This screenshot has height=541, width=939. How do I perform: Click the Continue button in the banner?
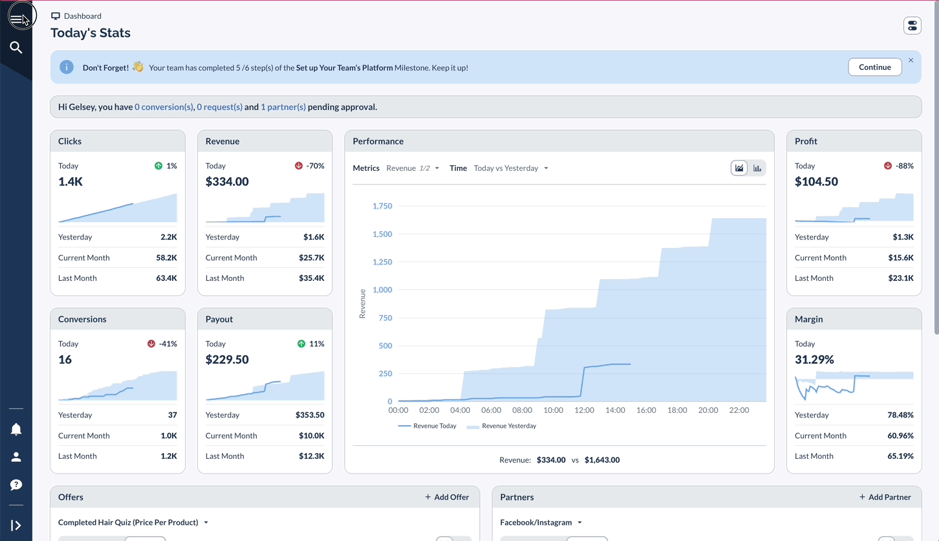pos(874,67)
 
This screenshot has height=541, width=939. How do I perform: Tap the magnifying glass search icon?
pos(16,47)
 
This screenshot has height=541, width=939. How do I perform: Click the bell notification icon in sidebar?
pos(16,430)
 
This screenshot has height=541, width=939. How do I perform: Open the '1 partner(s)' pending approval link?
pos(283,107)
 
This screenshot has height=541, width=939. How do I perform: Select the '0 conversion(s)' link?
pos(164,107)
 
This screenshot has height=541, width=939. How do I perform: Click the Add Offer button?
pos(447,497)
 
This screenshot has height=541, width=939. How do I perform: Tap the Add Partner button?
pos(885,497)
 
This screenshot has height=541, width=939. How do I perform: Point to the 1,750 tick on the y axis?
pos(382,206)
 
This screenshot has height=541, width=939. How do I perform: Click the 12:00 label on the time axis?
pos(584,410)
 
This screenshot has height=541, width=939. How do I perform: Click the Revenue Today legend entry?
pos(427,426)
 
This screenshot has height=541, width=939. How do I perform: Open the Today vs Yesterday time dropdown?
pos(511,168)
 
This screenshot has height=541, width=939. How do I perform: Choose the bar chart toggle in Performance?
pos(757,168)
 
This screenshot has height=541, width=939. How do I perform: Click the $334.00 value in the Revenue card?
pos(227,182)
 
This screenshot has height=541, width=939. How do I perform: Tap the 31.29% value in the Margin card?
pos(814,359)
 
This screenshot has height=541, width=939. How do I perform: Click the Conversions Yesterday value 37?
pos(172,415)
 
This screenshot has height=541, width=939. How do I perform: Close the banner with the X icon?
pos(911,60)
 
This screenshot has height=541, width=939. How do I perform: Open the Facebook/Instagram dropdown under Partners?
pos(541,522)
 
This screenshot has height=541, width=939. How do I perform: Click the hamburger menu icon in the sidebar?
pos(17,19)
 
